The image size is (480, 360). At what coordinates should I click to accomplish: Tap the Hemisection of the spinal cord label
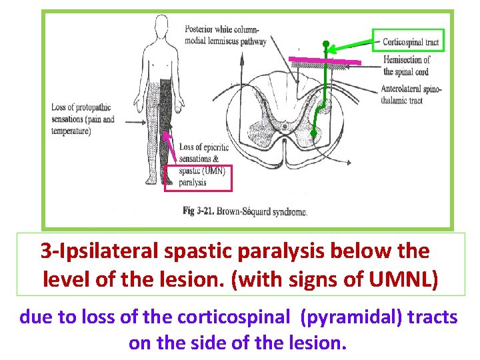(x=407, y=64)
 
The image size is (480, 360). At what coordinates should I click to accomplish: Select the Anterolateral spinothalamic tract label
(x=411, y=95)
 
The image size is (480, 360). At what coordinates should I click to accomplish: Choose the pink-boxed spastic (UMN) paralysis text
(x=198, y=177)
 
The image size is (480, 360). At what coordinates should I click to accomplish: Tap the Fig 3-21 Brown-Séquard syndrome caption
(x=245, y=211)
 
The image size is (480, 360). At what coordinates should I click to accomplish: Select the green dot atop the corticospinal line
(x=325, y=45)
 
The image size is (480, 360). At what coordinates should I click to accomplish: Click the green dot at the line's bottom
(x=314, y=134)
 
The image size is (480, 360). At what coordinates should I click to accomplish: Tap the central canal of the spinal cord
(x=285, y=124)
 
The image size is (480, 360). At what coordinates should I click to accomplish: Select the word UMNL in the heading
(x=408, y=277)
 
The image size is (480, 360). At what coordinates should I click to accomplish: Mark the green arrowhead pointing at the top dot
(x=333, y=48)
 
